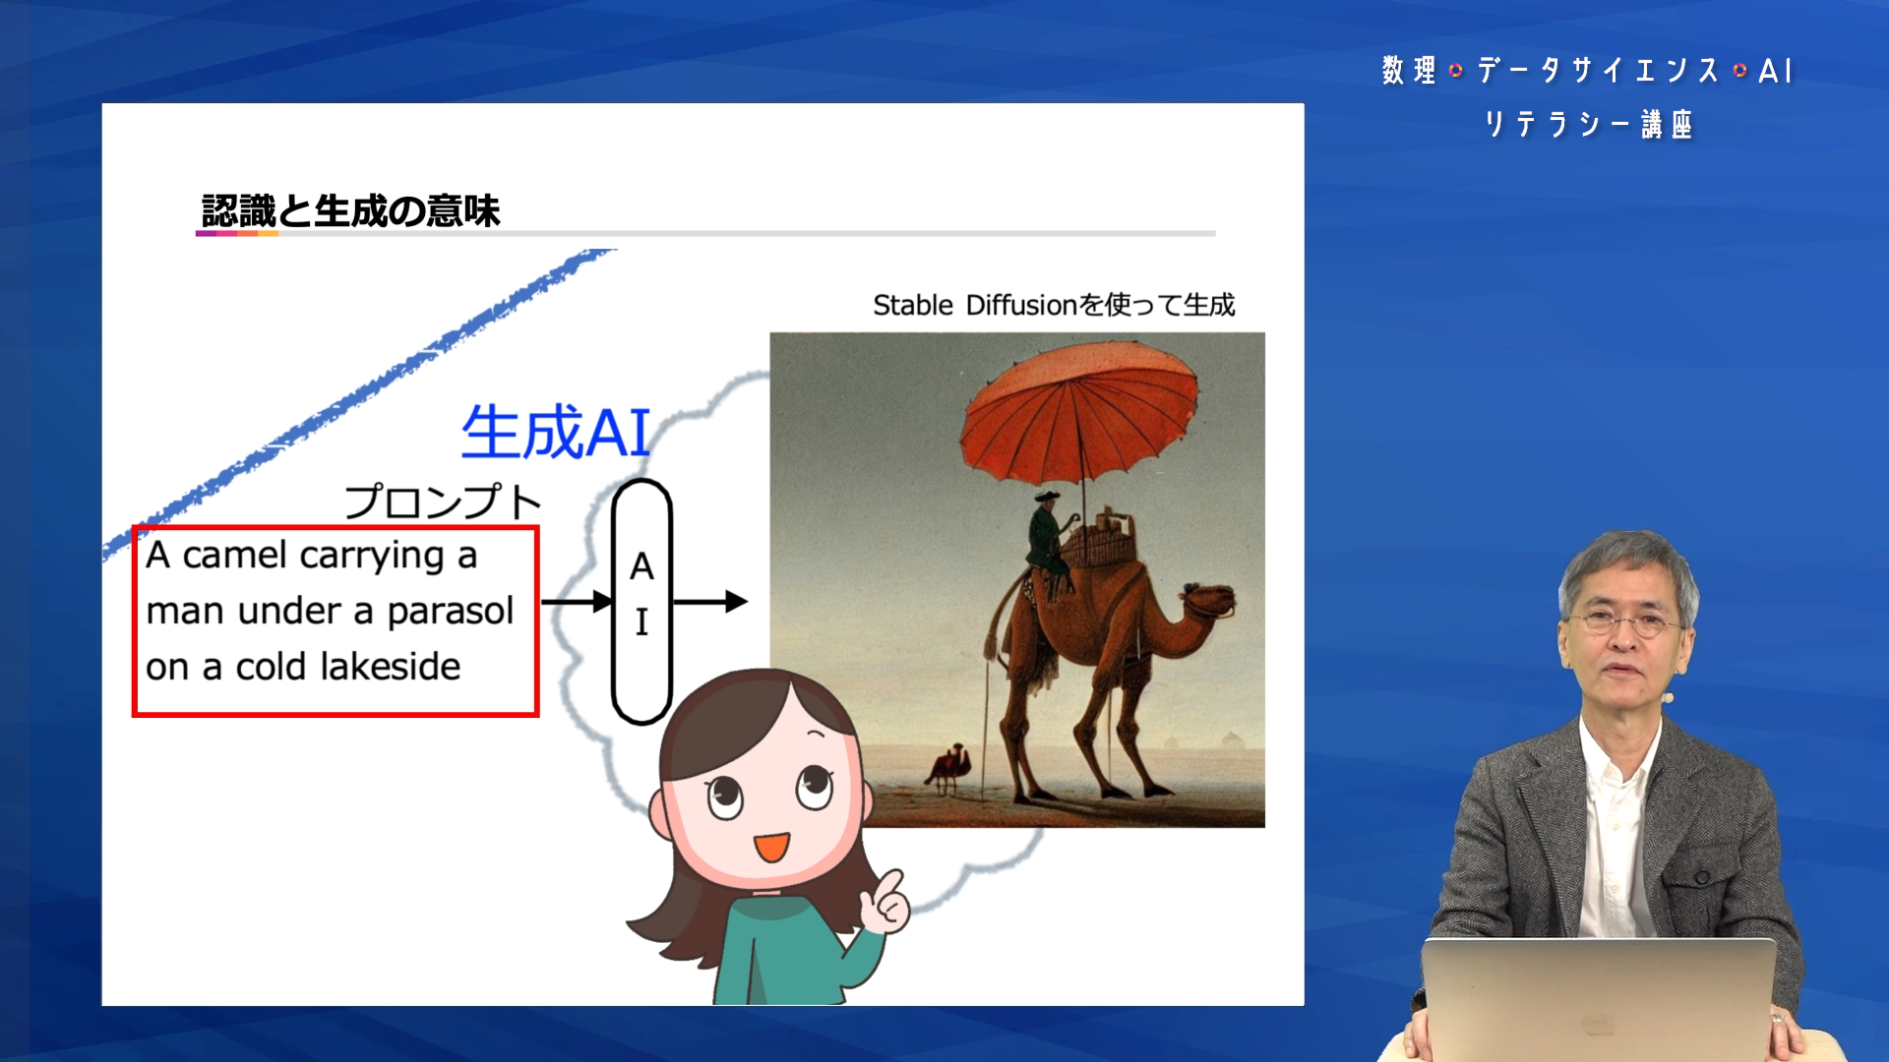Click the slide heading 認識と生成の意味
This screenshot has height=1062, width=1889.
coord(350,210)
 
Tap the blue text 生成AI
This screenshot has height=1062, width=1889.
coord(556,433)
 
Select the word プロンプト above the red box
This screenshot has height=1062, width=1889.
coord(443,501)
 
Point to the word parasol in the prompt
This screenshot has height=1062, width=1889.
coord(451,612)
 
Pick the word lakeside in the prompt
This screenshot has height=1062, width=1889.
coord(391,667)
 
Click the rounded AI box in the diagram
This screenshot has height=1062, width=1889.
coord(641,602)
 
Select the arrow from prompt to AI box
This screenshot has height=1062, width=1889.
coord(577,602)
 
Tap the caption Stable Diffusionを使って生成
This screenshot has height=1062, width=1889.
coord(1054,305)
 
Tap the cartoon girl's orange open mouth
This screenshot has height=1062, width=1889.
coord(771,847)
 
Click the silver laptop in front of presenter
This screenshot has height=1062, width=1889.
coord(1599,999)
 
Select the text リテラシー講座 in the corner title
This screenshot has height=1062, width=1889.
coord(1588,125)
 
